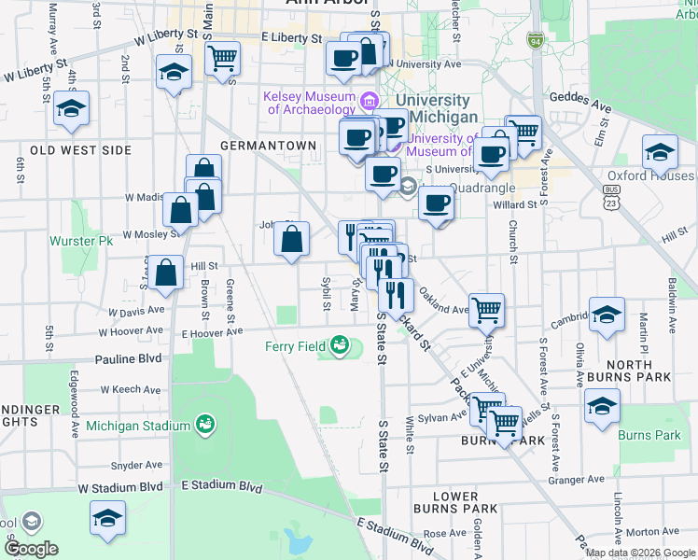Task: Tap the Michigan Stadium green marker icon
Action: click(206, 425)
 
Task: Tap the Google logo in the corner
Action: click(30, 549)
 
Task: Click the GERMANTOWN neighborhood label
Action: click(268, 146)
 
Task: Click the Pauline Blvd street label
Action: click(127, 358)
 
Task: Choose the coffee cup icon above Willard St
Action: click(436, 203)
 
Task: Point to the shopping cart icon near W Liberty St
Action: click(223, 57)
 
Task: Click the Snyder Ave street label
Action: click(136, 465)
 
